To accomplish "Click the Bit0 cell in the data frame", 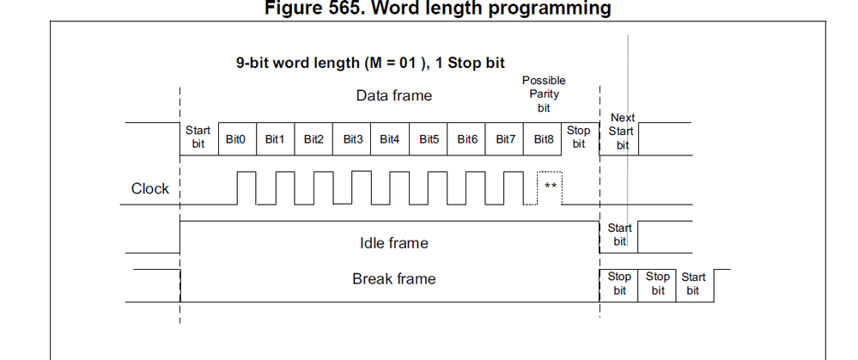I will [x=235, y=138].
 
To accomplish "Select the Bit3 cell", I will [x=352, y=138].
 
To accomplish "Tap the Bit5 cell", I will [x=429, y=138].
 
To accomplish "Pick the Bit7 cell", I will [x=506, y=138].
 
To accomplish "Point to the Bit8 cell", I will [x=544, y=138].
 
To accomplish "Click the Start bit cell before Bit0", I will [x=198, y=137].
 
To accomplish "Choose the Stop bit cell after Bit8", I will [x=579, y=137].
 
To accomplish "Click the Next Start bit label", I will [x=623, y=131].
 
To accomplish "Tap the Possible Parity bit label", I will [x=544, y=94].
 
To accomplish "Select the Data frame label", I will [x=394, y=95].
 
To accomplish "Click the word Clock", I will [x=150, y=189].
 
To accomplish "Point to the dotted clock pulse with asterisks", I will [x=550, y=186].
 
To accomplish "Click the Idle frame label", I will [x=393, y=243].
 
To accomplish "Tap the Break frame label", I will [x=393, y=278].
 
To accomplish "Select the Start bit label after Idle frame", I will [x=619, y=235].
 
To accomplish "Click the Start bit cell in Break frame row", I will [x=693, y=284].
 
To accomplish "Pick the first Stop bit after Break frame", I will [x=619, y=284].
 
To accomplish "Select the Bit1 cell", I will [x=274, y=138].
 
